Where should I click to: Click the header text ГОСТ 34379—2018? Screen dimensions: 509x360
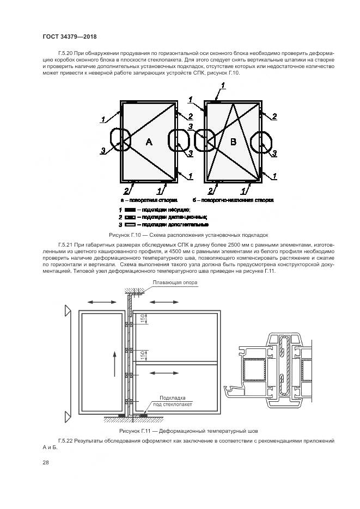tap(69, 36)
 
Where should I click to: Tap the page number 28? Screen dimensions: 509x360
tap(46, 463)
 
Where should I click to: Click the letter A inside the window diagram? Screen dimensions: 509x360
tap(149, 142)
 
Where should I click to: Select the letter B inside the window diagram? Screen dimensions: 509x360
tap(234, 142)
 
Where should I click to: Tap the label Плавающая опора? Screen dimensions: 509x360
tap(175, 283)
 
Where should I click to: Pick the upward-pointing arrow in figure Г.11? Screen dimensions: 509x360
tap(114, 363)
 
